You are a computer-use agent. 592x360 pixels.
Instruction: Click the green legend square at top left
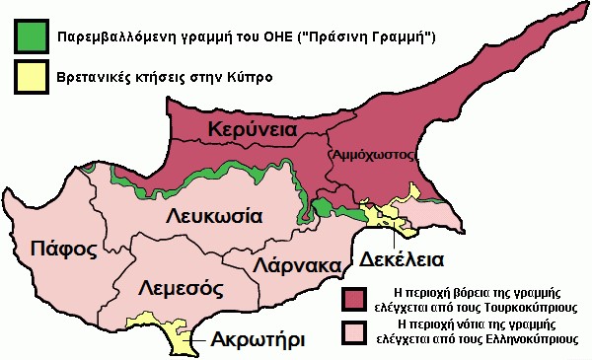(33, 36)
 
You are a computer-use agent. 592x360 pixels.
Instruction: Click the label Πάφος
(63, 247)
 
